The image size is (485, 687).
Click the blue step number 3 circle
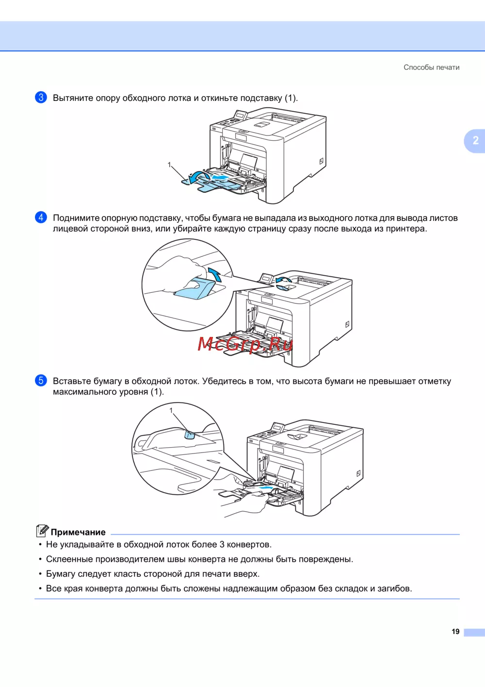41,98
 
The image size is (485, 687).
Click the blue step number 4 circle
41,218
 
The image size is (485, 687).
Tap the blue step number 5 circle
41,381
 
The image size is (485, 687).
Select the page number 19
455,632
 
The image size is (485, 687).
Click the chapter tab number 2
475,141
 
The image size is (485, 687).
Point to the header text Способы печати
431,67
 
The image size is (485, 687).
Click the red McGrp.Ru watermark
245,344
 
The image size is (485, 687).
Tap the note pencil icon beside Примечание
42,531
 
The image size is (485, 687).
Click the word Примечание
78,532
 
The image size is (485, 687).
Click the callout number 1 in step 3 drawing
169,165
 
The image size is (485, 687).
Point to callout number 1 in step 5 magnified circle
171,410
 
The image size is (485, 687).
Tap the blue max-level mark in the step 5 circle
189,435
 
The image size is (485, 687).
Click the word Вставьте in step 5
72,381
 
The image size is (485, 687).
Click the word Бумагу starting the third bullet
61,574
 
